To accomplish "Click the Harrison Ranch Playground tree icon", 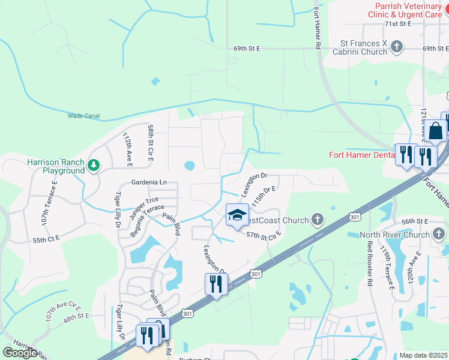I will (x=93, y=164).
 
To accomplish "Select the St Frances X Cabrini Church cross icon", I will (x=396, y=47).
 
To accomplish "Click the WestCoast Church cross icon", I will (x=318, y=220).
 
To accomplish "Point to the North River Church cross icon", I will (x=439, y=234).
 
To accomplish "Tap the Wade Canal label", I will (x=83, y=116).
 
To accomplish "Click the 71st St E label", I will (x=397, y=23).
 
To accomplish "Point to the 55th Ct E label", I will (x=47, y=239).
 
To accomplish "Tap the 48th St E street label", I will (x=76, y=316).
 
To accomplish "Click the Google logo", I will (x=20, y=353).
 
